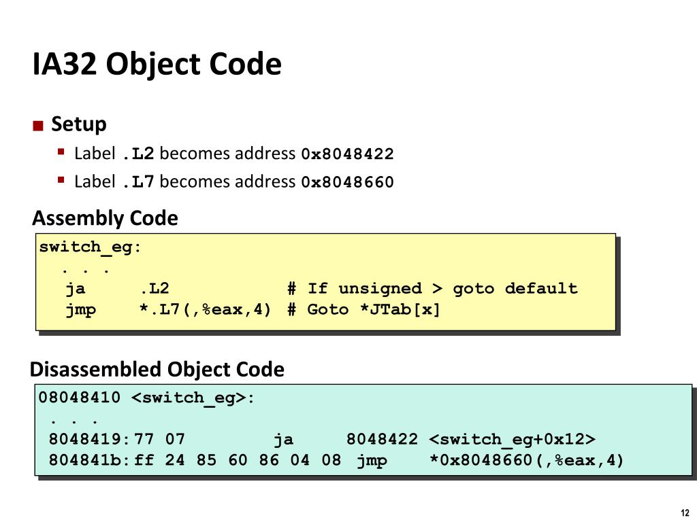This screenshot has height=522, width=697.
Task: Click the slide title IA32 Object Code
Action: (157, 65)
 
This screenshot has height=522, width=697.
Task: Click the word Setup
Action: (79, 124)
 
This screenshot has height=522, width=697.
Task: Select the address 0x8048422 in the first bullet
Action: (347, 154)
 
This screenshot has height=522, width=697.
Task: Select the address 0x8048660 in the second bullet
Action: (347, 182)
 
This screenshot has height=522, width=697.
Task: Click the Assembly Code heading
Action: (106, 219)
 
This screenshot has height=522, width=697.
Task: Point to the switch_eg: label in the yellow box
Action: (91, 247)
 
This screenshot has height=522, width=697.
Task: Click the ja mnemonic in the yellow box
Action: (76, 289)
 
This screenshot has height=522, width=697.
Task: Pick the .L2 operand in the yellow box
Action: (155, 289)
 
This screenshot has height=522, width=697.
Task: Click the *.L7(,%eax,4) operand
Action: (206, 310)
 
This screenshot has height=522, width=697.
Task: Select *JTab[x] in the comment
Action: (400, 310)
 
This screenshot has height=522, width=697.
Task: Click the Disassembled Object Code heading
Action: (157, 370)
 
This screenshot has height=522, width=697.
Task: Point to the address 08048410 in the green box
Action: (80, 398)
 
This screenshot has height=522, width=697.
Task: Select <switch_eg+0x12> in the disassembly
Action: (513, 440)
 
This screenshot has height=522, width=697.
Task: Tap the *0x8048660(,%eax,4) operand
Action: (527, 461)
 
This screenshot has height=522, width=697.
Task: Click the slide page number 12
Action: (684, 512)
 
